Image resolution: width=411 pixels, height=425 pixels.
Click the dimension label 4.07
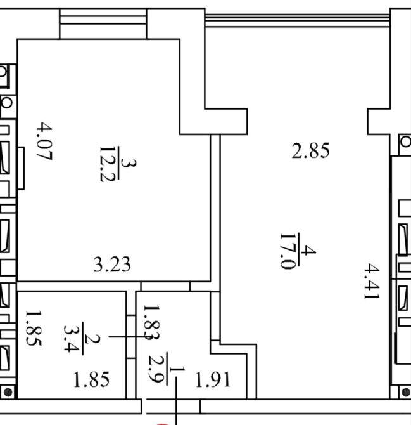pyautogui.click(x=44, y=143)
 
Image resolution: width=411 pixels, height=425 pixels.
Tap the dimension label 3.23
pyautogui.click(x=112, y=264)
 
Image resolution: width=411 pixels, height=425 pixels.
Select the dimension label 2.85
pyautogui.click(x=310, y=152)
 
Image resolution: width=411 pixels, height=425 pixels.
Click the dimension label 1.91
pyautogui.click(x=212, y=380)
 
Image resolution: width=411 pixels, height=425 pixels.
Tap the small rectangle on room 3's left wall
pyautogui.click(x=21, y=169)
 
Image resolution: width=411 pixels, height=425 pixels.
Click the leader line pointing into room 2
pyautogui.click(x=120, y=337)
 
